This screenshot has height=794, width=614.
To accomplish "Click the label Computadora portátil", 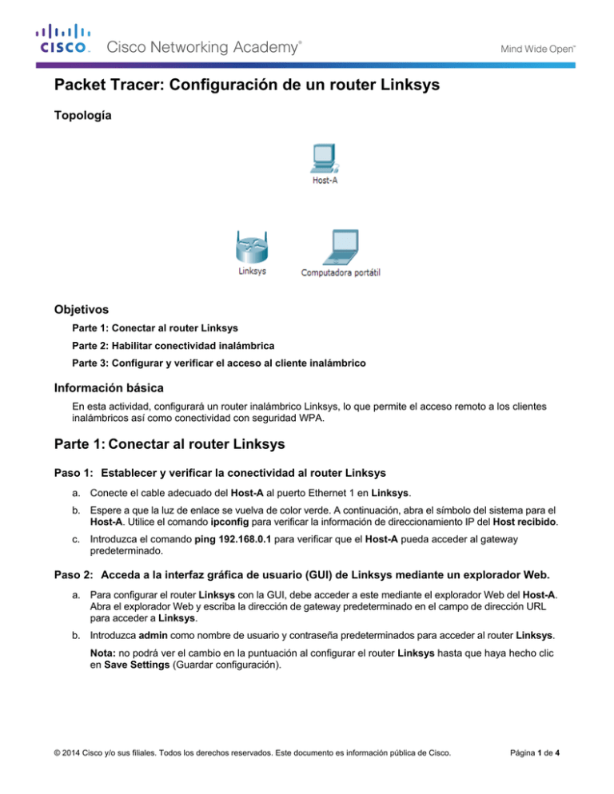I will [x=340, y=272].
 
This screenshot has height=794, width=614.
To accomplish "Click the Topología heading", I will [x=82, y=116].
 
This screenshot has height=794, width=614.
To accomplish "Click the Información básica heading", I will [x=111, y=391].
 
